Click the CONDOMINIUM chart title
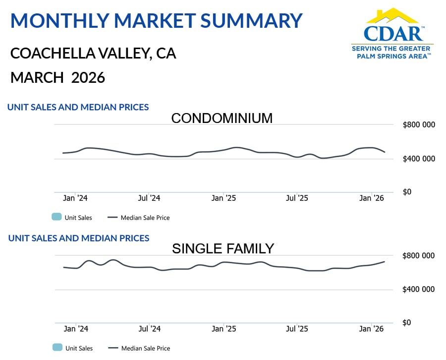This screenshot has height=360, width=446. (x=222, y=118)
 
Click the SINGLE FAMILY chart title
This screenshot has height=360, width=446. (x=223, y=248)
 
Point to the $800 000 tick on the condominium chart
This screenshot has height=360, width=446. (x=419, y=124)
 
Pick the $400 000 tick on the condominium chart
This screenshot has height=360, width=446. (x=419, y=159)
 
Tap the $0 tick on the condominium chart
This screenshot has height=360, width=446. (x=407, y=192)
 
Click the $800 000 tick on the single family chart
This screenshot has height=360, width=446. (x=419, y=255)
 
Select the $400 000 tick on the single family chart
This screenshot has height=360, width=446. (x=419, y=289)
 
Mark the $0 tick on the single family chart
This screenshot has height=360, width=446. (x=407, y=323)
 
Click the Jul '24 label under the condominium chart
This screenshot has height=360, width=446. (x=149, y=198)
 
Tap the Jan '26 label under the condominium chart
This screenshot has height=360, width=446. (x=372, y=198)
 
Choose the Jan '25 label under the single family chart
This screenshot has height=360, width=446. (x=223, y=329)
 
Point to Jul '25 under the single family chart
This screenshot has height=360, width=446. (x=297, y=329)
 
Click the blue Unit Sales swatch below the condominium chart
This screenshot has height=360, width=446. (x=56, y=217)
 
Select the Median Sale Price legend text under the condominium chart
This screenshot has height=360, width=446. (x=145, y=218)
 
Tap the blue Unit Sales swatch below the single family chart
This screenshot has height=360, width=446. (x=56, y=348)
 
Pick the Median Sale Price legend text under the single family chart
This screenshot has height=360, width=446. (x=145, y=349)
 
